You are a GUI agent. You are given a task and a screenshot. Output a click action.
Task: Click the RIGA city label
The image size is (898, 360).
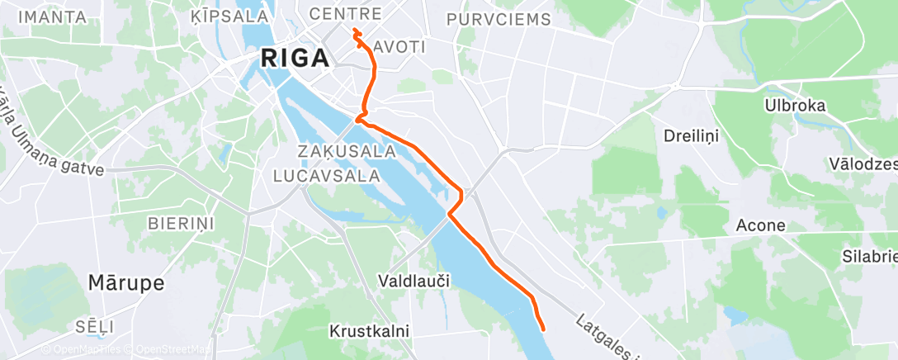tap(295, 59)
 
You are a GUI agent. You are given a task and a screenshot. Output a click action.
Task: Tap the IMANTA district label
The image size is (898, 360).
tap(52, 17)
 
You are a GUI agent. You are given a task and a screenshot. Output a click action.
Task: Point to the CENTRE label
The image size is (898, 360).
tap(345, 15)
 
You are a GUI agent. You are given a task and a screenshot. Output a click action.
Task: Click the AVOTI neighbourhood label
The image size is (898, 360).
tap(399, 47)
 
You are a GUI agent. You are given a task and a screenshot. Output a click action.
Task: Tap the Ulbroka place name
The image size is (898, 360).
tap(796, 106)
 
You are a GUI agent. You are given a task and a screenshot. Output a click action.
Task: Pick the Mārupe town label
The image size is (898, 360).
tap(125, 282)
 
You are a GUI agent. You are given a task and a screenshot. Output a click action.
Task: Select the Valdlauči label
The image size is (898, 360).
tap(413, 281)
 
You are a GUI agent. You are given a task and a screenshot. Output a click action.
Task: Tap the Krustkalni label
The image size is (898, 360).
tap(369, 331)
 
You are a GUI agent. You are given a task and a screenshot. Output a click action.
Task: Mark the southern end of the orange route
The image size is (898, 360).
tap(543, 329)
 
